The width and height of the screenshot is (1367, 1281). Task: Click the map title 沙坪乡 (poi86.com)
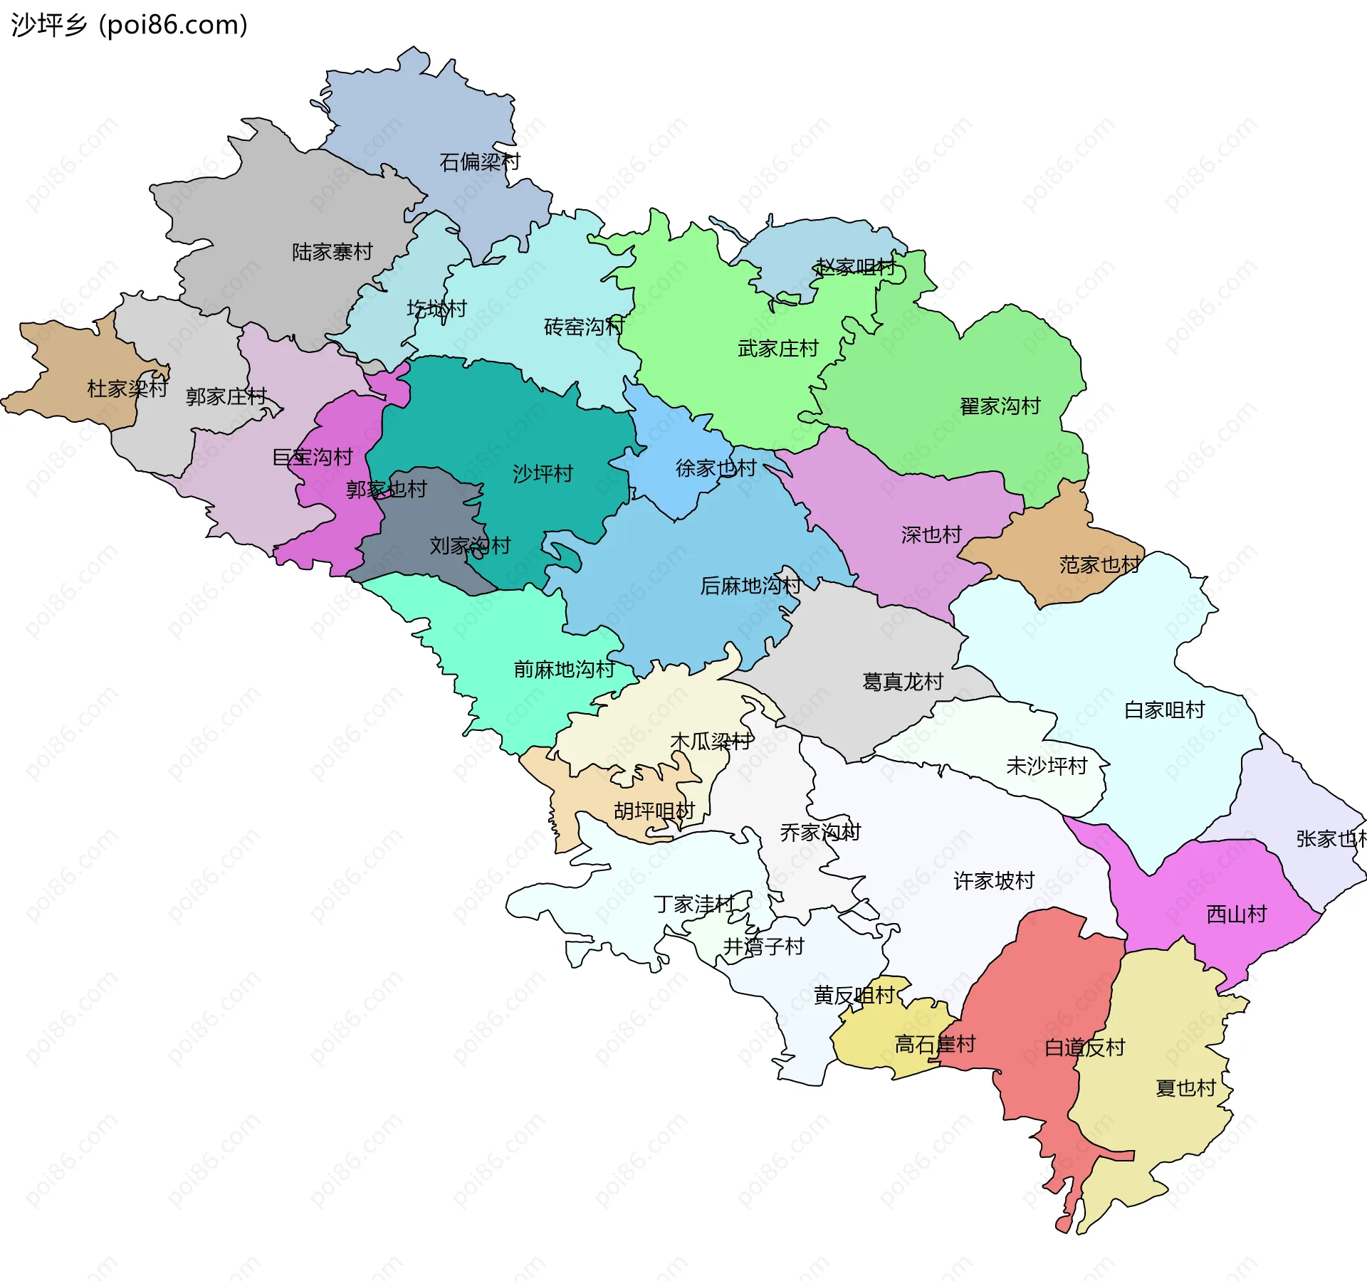click(x=129, y=25)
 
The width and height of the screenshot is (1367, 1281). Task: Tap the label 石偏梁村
click(x=479, y=162)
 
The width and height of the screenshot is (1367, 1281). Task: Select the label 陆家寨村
click(x=332, y=252)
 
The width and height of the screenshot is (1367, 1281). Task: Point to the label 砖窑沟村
click(x=584, y=327)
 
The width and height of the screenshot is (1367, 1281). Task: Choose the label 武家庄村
click(x=777, y=349)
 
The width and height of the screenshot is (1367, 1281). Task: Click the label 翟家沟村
click(x=1000, y=406)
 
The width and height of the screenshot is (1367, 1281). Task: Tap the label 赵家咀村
click(x=855, y=267)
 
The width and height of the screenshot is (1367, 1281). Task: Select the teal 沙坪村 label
click(x=543, y=473)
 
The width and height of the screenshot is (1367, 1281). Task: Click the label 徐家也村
click(x=716, y=468)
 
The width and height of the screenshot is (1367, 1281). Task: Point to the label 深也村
click(x=931, y=534)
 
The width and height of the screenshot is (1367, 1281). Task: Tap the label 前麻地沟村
click(x=564, y=669)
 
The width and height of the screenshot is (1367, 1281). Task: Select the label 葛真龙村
click(x=902, y=682)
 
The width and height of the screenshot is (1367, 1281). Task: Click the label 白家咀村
click(x=1164, y=710)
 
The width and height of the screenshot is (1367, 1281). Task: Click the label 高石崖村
click(x=934, y=1045)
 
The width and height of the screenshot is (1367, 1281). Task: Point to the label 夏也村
click(x=1185, y=1088)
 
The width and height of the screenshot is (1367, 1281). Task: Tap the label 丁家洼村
click(x=693, y=904)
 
